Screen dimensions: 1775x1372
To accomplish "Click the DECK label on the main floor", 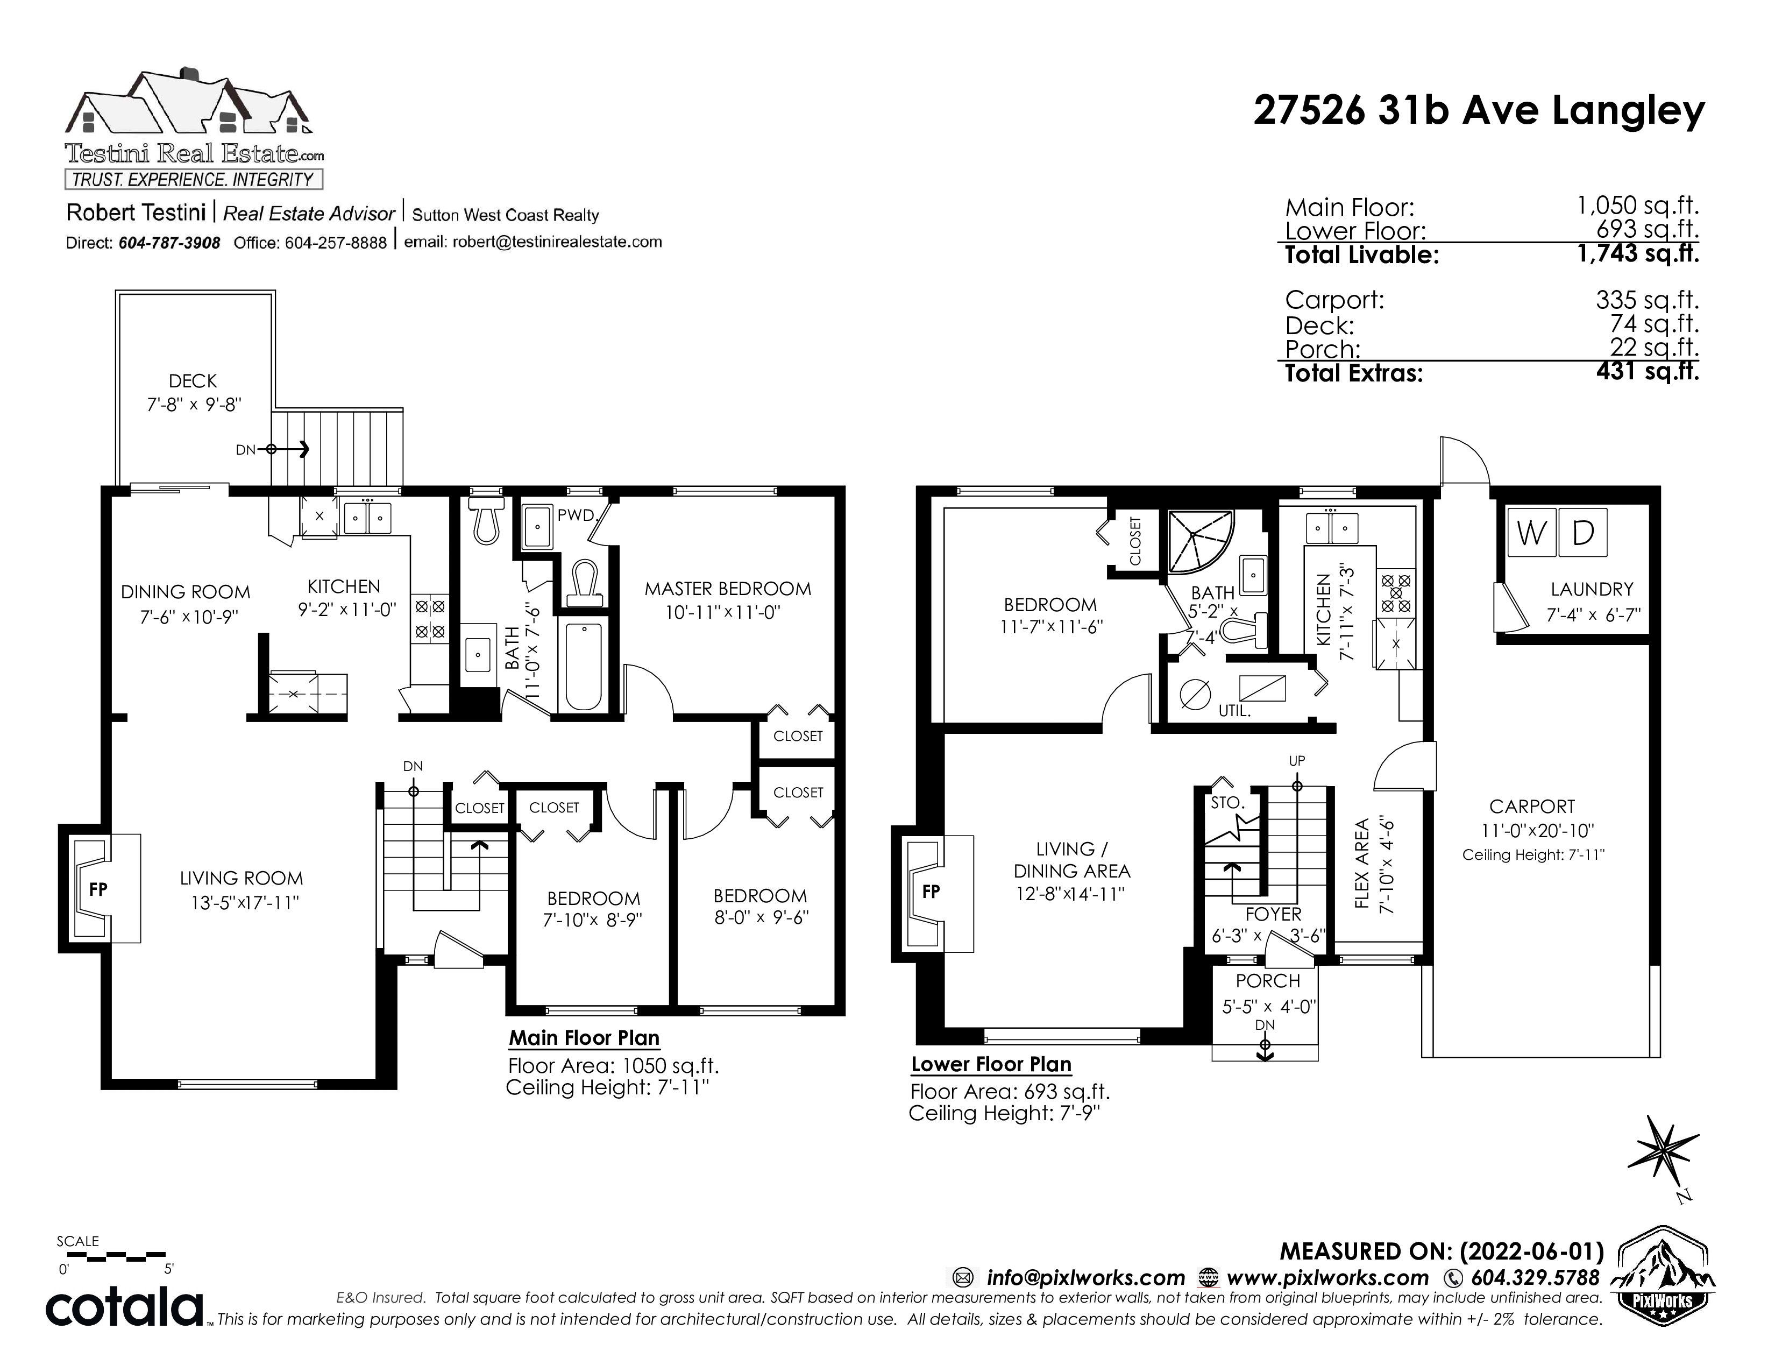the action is point(193,381).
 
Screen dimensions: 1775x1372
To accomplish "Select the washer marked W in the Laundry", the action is point(1531,533).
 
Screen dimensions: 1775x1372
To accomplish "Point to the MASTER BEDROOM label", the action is point(727,589).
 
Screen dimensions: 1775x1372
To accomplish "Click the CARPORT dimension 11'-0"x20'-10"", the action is point(1532,831).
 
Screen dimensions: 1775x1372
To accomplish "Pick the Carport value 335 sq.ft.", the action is point(1646,300).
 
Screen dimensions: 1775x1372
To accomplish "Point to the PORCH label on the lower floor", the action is point(1268,981).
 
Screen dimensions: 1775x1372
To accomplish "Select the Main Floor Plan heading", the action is point(584,1039).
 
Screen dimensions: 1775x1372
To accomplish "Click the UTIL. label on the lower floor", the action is point(1234,710).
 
